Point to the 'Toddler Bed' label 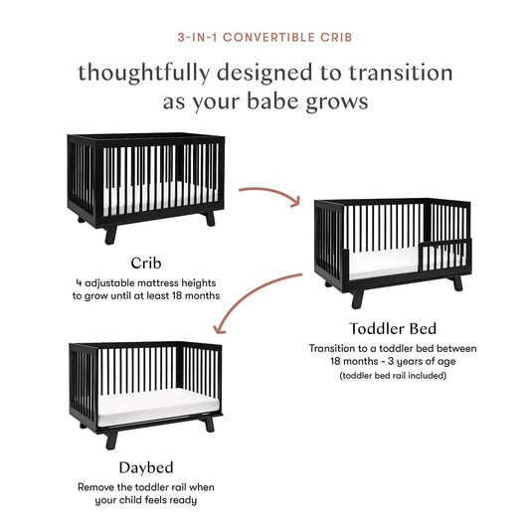click(x=392, y=328)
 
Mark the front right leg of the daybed click(x=207, y=423)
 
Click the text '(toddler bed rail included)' click(x=392, y=377)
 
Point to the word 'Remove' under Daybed click(x=97, y=487)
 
